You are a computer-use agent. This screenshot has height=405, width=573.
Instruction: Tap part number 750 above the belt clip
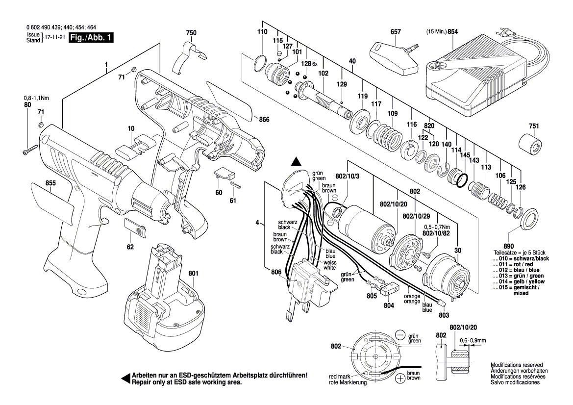[191, 33]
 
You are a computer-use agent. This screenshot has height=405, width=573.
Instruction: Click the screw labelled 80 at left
[30, 150]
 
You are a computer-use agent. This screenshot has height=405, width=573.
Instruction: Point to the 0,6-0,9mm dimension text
[473, 340]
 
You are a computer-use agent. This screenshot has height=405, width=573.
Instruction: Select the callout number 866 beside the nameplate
[264, 119]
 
